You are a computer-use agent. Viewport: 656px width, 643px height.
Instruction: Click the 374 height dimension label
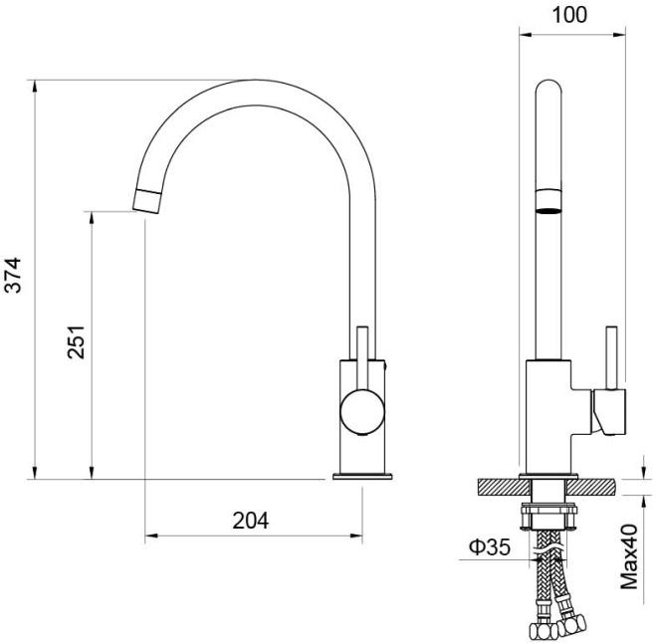click(12, 275)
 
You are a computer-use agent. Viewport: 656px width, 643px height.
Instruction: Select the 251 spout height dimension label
click(76, 341)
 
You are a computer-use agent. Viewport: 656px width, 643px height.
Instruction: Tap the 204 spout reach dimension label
click(251, 521)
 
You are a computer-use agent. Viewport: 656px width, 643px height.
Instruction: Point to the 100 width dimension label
click(569, 15)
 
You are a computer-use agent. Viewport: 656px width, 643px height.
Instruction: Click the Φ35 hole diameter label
click(490, 546)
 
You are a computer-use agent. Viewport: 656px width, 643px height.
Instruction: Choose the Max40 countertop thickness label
click(629, 556)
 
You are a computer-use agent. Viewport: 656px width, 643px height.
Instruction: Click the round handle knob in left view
click(362, 411)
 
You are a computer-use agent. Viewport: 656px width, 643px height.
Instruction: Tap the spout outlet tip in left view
click(146, 201)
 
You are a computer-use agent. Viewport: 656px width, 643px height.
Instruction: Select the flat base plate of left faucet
click(362, 476)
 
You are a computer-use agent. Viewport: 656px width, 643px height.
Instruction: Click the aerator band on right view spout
click(548, 202)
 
